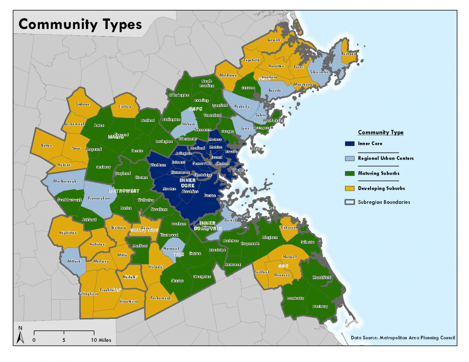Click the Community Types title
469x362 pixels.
[80, 24]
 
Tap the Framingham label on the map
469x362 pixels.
[100, 198]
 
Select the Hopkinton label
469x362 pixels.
[68, 232]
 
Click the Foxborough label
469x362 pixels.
[161, 298]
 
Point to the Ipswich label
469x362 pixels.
[273, 40]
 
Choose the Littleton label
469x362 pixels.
[83, 104]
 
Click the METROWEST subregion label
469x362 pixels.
[124, 191]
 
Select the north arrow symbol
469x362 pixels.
[20, 334]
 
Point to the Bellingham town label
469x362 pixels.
[88, 294]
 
